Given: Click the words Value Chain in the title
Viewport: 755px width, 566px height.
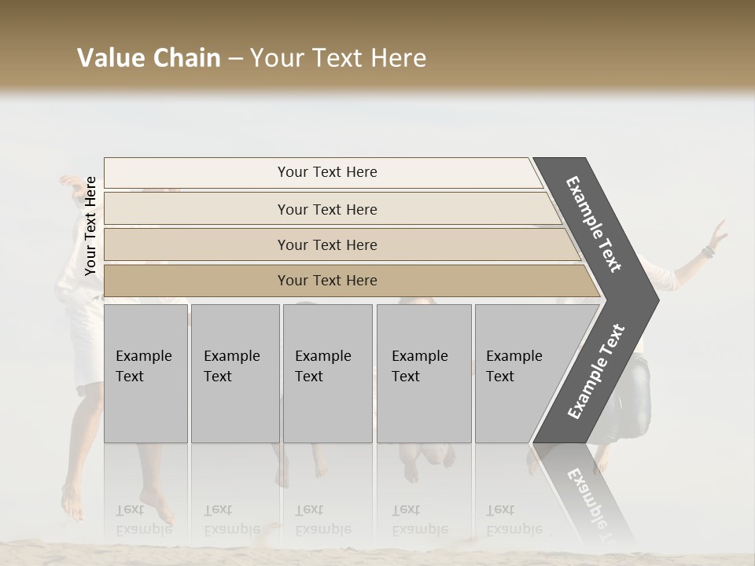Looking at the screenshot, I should pyautogui.click(x=149, y=58).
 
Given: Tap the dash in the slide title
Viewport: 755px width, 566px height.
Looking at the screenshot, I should pyautogui.click(x=235, y=59).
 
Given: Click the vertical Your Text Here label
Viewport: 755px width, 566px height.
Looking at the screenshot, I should pyautogui.click(x=90, y=226).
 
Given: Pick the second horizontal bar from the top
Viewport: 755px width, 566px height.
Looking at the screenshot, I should pyautogui.click(x=327, y=209).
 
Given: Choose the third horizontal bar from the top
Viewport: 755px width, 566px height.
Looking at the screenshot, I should pyautogui.click(x=327, y=244).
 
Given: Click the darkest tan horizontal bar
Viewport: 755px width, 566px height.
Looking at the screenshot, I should pyautogui.click(x=327, y=281).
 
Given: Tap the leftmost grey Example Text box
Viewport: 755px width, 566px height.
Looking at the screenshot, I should pyautogui.click(x=145, y=373).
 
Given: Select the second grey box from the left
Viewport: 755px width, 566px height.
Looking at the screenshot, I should pyautogui.click(x=234, y=373).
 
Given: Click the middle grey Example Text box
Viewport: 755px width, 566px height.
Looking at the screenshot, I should pyautogui.click(x=327, y=373).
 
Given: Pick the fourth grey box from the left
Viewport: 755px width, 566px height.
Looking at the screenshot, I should pyautogui.click(x=424, y=373).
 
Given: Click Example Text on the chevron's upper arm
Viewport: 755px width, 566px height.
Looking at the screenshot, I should pyautogui.click(x=594, y=224).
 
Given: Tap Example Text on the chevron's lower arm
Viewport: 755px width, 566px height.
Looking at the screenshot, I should pyautogui.click(x=596, y=371).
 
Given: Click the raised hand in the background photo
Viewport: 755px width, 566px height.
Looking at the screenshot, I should pyautogui.click(x=718, y=232).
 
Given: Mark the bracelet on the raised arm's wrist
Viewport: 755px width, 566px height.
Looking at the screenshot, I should pyautogui.click(x=708, y=252).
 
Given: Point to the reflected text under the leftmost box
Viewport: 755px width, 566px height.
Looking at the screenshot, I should pyautogui.click(x=143, y=520).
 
